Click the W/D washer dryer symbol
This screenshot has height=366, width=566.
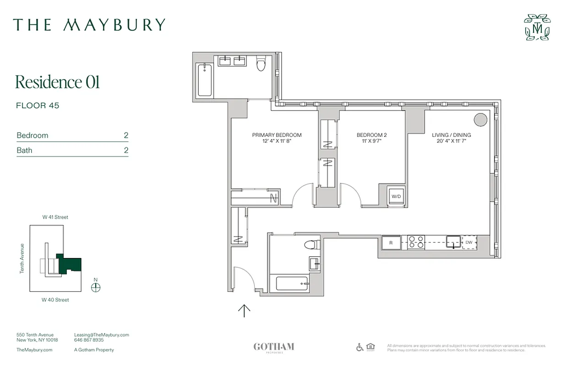click(x=395, y=196)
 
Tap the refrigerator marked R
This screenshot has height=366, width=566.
click(x=391, y=243)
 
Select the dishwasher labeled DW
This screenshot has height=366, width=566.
click(x=469, y=242)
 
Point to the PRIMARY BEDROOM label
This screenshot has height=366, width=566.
click(x=277, y=135)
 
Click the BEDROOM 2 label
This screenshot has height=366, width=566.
click(x=371, y=135)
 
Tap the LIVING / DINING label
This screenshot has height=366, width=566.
click(x=451, y=135)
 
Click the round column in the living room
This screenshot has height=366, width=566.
click(x=480, y=119)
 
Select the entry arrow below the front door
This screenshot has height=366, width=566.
click(x=244, y=311)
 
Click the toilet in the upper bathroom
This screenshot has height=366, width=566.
click(x=261, y=64)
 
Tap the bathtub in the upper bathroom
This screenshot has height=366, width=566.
click(x=205, y=80)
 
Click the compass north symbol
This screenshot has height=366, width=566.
click(x=96, y=287)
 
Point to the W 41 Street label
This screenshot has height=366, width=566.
click(x=55, y=217)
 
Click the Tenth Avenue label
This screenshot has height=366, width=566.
click(x=22, y=258)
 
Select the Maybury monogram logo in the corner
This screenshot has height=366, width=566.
click(x=537, y=27)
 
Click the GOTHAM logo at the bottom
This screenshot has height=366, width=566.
click(x=273, y=347)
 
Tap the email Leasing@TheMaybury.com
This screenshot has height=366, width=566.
click(x=101, y=335)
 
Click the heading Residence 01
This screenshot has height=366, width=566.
click(x=57, y=82)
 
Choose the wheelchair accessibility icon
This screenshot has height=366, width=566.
click(x=360, y=347)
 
